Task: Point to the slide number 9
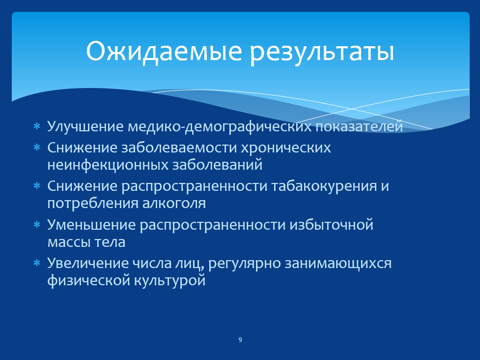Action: [240, 340]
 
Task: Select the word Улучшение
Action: [85, 127]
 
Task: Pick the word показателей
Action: [359, 127]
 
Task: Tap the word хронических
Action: [286, 148]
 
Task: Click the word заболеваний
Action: [217, 165]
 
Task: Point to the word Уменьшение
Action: [91, 225]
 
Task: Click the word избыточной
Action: [332, 225]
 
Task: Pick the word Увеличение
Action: [88, 264]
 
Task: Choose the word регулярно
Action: [245, 264]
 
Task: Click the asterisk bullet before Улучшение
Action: [37, 126]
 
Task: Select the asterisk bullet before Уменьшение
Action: [37, 225]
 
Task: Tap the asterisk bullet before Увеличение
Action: [37, 263]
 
